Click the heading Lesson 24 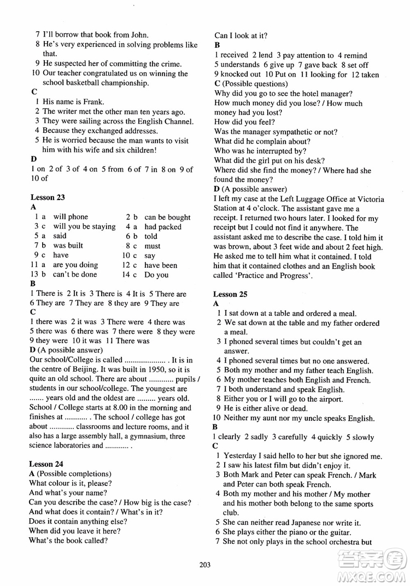tap(48, 464)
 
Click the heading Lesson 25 tap(230, 294)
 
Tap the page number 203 tap(205, 565)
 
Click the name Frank tap(93, 102)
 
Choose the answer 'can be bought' tap(167, 217)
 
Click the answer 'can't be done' tap(75, 275)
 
